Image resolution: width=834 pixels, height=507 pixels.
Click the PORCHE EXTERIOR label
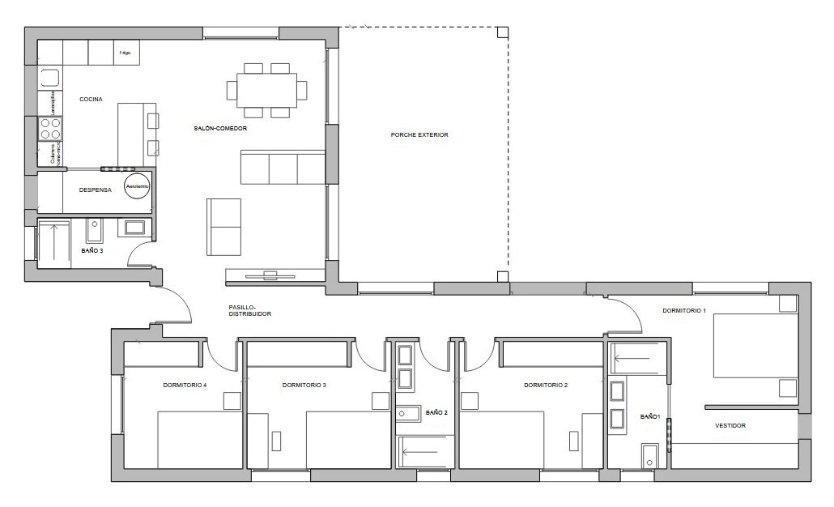pyautogui.click(x=419, y=135)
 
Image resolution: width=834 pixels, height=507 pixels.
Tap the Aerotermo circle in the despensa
pyautogui.click(x=135, y=186)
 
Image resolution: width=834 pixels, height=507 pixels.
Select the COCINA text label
pyautogui.click(x=90, y=99)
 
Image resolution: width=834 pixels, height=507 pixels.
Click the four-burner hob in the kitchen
pyautogui.click(x=50, y=129)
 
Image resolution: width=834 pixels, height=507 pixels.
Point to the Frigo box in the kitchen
pyautogui.click(x=126, y=53)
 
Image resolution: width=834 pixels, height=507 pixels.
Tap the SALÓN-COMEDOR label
pyautogui.click(x=220, y=129)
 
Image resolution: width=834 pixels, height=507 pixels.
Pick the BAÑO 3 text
pyautogui.click(x=92, y=251)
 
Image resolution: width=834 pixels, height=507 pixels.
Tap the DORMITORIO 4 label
pyautogui.click(x=185, y=385)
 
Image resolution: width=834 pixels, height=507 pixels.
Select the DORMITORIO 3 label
pyautogui.click(x=304, y=385)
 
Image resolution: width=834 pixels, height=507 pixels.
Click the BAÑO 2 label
pyautogui.click(x=436, y=412)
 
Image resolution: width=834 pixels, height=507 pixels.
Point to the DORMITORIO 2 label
pyautogui.click(x=546, y=385)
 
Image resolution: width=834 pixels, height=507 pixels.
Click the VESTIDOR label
pyautogui.click(x=730, y=425)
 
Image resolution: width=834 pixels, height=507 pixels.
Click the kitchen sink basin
pyautogui.click(x=49, y=79)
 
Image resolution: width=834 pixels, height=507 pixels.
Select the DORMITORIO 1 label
pyautogui.click(x=684, y=310)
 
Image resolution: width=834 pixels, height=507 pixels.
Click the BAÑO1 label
pyautogui.click(x=650, y=416)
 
